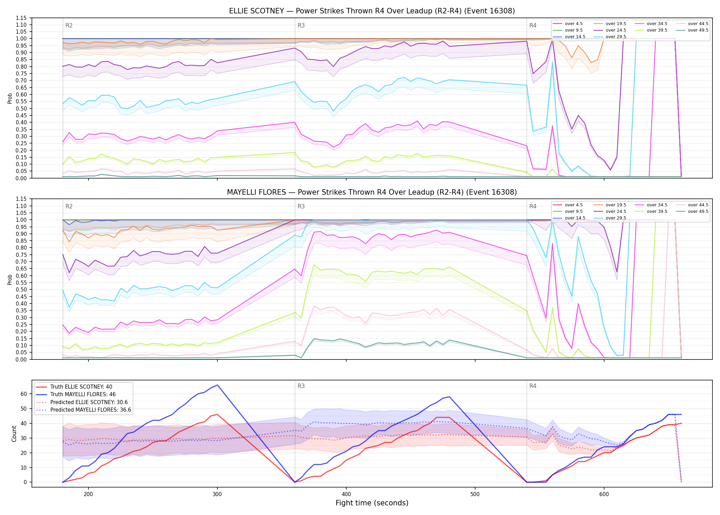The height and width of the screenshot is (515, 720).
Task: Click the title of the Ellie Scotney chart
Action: [x=372, y=11]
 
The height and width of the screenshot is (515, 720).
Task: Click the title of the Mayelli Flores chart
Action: [x=372, y=192]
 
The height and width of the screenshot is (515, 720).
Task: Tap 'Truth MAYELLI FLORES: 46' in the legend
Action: [x=83, y=394]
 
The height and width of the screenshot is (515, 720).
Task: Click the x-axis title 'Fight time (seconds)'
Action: [x=372, y=503]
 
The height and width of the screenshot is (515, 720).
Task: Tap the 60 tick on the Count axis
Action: [x=24, y=394]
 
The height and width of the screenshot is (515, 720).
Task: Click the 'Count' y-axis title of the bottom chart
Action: [x=14, y=434]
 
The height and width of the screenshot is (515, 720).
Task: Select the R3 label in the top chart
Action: [x=301, y=25]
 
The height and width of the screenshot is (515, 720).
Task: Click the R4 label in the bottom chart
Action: [x=533, y=386]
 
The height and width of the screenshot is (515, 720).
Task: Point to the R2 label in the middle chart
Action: [x=69, y=206]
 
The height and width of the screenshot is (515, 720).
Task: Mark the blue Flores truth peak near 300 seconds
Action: [x=217, y=385]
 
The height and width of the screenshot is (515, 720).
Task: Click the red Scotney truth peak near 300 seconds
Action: [x=217, y=414]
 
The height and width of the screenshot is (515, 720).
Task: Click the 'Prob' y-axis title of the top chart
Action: [x=10, y=98]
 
